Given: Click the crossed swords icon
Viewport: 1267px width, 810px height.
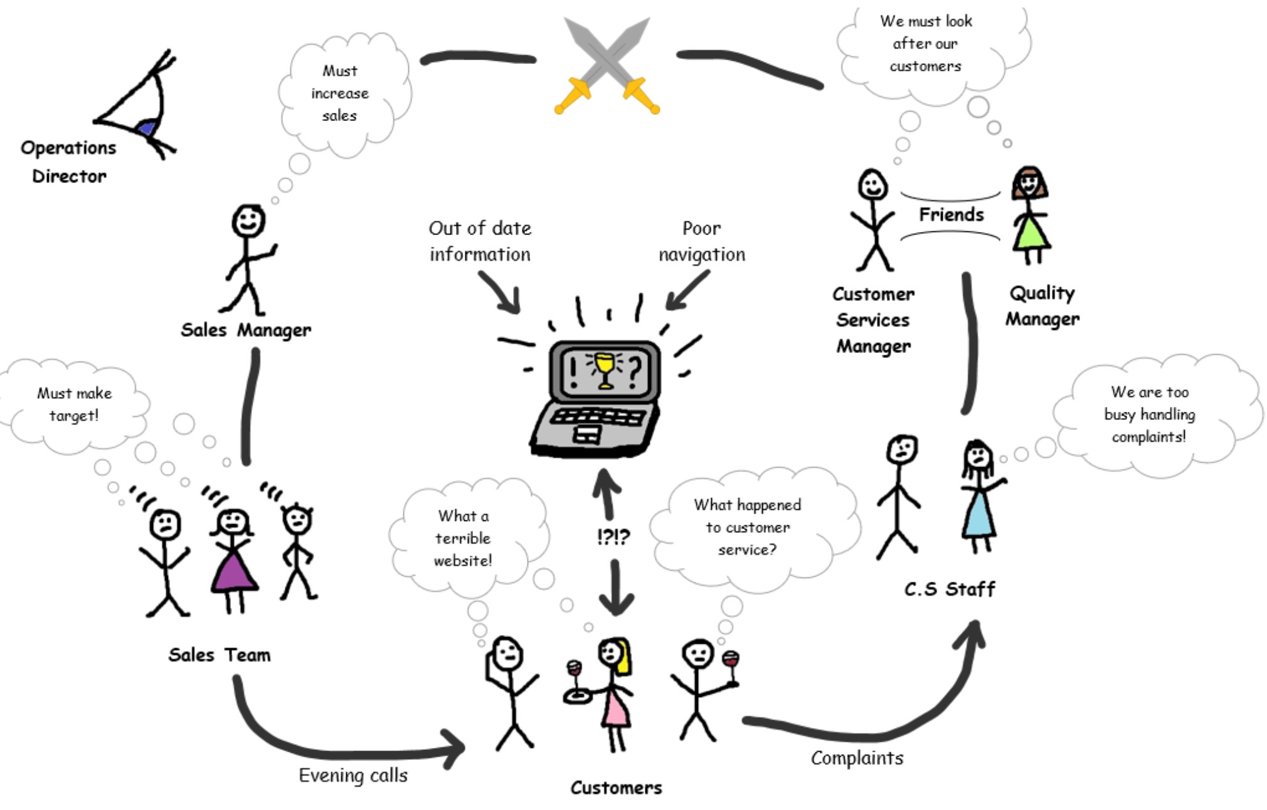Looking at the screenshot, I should point(607,65).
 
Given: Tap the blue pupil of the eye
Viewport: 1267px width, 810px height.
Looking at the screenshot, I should point(147,128).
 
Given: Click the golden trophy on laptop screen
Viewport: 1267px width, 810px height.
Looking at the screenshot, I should point(604,369).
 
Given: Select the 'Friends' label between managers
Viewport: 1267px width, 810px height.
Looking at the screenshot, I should point(951,215).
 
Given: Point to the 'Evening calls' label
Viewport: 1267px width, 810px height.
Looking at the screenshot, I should point(353,776).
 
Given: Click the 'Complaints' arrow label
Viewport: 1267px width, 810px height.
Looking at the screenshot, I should point(857,758).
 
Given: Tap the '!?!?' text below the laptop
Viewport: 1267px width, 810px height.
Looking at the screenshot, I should point(613,537).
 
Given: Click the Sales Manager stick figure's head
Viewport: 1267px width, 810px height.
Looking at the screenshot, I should point(248,221).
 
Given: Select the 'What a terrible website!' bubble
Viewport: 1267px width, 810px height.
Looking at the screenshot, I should point(463,538).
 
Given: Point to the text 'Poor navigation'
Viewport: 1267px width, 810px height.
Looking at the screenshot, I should point(702,241).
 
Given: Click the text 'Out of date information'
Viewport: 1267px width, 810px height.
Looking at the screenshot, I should point(480,241).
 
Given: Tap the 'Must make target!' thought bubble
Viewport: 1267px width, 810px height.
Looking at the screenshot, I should point(74,404).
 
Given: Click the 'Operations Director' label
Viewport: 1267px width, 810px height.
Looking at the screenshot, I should point(68,162).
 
